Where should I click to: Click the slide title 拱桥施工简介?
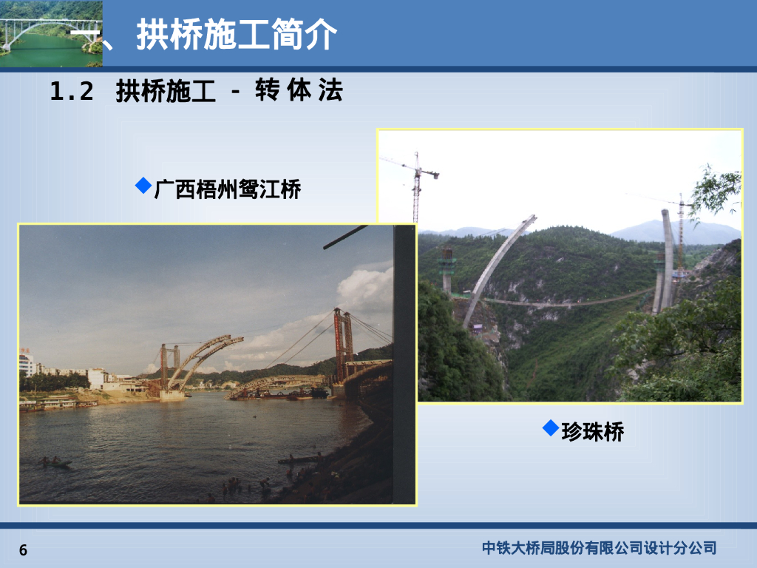[x=237, y=34]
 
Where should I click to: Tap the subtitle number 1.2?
[x=72, y=92]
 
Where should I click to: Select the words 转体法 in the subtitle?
[x=299, y=92]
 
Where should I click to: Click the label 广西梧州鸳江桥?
[x=228, y=190]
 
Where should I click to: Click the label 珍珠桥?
[x=592, y=432]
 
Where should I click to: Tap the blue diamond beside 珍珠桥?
[x=550, y=427]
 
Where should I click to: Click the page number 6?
[x=23, y=550]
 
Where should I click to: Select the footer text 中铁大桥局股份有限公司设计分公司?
[x=599, y=548]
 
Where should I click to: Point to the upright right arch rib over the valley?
[x=668, y=259]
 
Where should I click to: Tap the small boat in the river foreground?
[x=55, y=463]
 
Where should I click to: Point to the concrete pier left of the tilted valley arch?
[x=447, y=270]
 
